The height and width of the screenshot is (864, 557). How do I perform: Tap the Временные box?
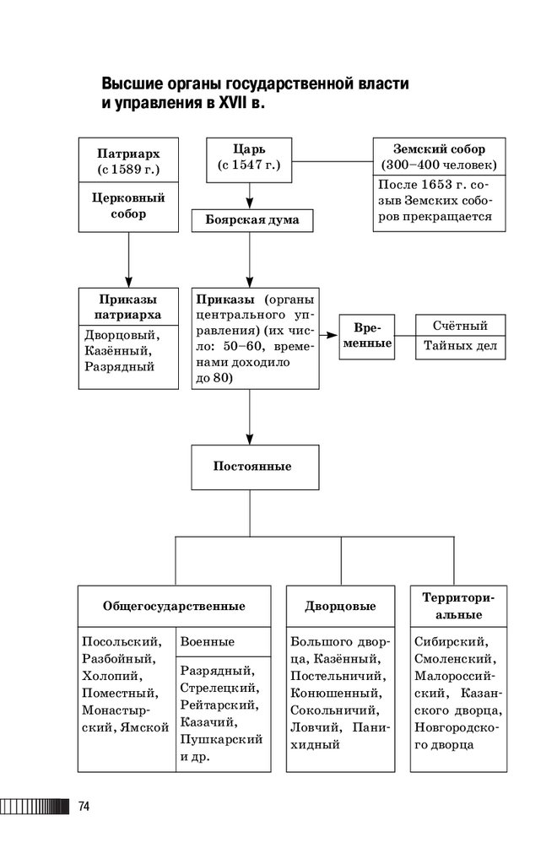366,336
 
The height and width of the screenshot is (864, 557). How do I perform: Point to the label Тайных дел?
460,346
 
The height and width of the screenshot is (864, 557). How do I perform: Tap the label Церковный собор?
128,206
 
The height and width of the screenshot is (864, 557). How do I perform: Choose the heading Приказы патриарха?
128,307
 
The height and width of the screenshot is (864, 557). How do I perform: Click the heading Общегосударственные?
174,606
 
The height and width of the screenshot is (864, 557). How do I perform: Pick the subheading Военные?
208,642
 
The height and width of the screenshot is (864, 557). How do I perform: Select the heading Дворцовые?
340,607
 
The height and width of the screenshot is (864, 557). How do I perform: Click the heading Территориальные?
457,606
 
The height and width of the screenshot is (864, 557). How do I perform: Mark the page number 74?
84,807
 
